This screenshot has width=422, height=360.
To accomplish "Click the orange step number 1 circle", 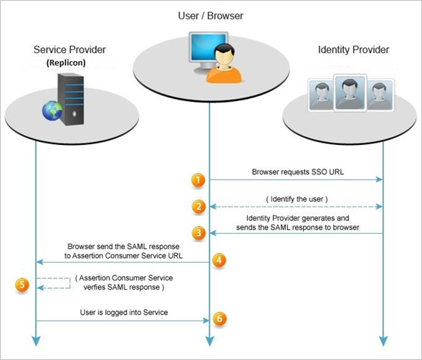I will (x=198, y=180).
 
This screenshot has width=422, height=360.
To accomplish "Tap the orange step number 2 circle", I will (x=198, y=207).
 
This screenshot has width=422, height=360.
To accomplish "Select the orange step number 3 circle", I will (x=198, y=232).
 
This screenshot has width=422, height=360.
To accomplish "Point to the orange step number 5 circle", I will (x=23, y=285).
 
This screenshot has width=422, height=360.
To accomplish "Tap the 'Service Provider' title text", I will (x=69, y=50).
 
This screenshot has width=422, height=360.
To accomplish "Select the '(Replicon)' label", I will (x=69, y=62).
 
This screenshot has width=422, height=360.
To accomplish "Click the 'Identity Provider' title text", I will (x=353, y=50).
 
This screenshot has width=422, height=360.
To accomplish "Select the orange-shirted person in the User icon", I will (x=224, y=65).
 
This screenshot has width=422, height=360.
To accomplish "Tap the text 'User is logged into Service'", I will (x=123, y=313).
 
